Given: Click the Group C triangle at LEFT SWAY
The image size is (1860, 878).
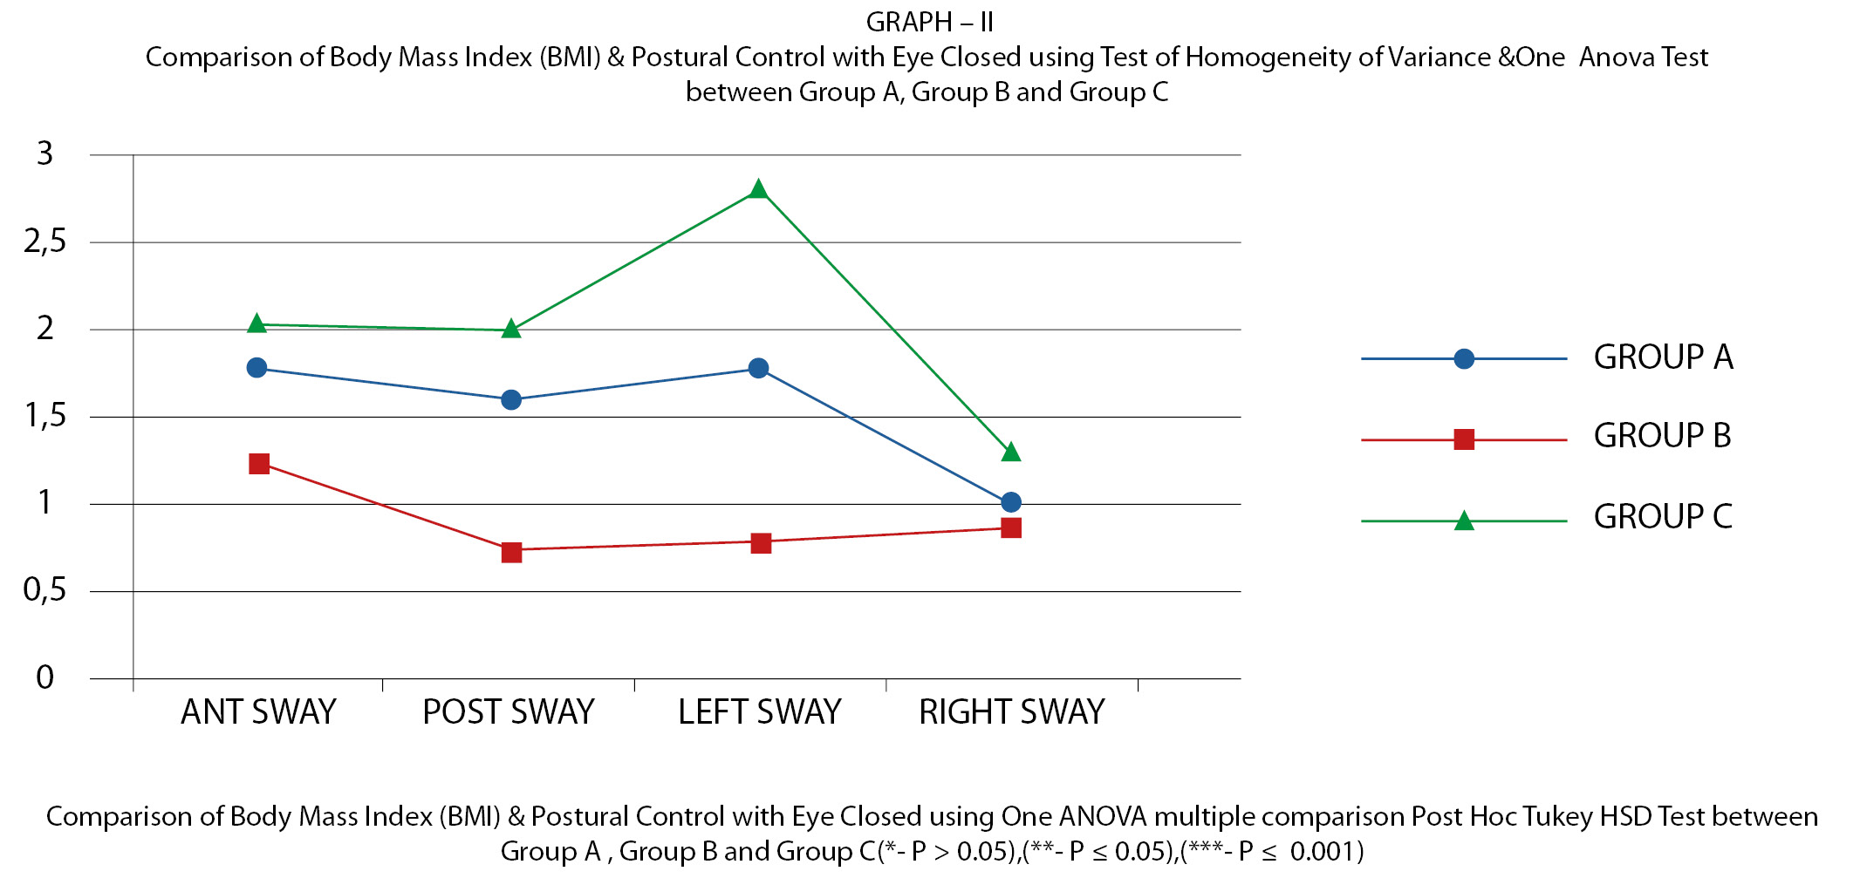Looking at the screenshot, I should click(758, 189).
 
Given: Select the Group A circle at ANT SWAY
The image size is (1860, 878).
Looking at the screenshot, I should click(256, 368).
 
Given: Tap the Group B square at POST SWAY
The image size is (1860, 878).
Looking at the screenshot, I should click(511, 552).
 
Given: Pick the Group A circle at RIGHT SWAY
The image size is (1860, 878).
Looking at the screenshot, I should click(1011, 502).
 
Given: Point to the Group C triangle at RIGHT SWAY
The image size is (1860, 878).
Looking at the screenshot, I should click(1011, 452).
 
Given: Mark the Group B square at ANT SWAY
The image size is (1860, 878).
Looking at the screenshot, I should click(259, 463).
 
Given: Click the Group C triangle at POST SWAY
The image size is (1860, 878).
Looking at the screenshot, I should click(511, 329).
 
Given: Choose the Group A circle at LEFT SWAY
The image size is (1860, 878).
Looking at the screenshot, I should click(758, 368).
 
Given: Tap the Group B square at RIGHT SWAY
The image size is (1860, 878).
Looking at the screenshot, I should click(1011, 527).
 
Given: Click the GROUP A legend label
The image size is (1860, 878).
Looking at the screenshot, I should click(1663, 357).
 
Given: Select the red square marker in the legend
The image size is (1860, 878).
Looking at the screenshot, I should click(1464, 439).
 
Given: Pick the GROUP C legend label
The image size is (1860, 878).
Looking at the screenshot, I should click(1663, 516).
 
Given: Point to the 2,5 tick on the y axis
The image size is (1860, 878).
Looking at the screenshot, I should click(45, 242).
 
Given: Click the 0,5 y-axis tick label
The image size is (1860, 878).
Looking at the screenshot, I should click(45, 590).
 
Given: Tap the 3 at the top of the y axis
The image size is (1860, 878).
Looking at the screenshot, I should click(45, 153).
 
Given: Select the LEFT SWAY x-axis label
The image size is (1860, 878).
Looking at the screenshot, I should click(759, 712).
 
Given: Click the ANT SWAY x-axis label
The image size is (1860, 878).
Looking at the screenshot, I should click(258, 712).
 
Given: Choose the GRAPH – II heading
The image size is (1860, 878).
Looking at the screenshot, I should click(930, 22).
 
